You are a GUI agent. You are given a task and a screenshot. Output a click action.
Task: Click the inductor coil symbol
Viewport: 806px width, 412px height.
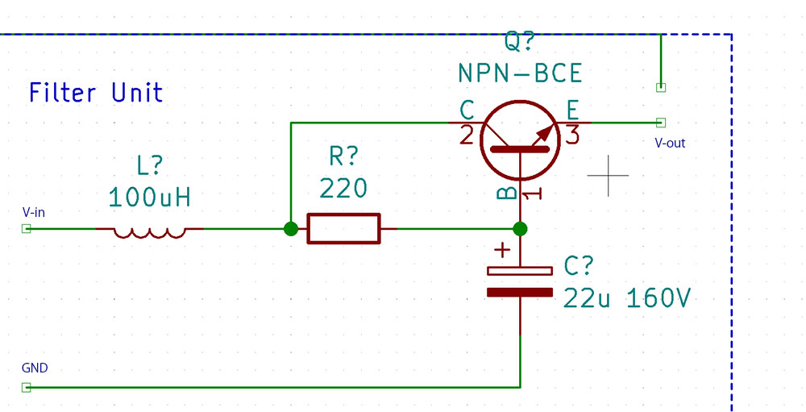pyautogui.click(x=150, y=233)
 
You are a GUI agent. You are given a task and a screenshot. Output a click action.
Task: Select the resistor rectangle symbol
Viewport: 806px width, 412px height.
pyautogui.click(x=343, y=228)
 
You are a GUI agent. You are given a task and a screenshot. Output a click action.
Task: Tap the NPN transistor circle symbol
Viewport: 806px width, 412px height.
pyautogui.click(x=520, y=140)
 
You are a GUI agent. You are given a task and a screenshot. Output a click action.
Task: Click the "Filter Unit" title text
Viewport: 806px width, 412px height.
pyautogui.click(x=96, y=93)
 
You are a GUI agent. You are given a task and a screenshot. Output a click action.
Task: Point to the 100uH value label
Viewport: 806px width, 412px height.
pyautogui.click(x=150, y=197)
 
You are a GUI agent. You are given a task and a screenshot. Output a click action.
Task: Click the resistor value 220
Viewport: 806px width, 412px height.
pyautogui.click(x=343, y=188)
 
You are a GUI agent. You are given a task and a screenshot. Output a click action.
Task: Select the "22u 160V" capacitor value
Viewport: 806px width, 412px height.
pyautogui.click(x=626, y=298)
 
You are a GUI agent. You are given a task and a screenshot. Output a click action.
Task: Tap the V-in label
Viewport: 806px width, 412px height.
pyautogui.click(x=33, y=212)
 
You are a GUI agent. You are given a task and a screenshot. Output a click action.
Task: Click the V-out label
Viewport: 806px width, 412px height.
pyautogui.click(x=670, y=143)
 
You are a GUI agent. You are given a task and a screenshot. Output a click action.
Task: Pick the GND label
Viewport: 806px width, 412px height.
pyautogui.click(x=35, y=368)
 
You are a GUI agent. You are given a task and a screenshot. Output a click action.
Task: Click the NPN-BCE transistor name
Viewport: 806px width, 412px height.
pyautogui.click(x=520, y=73)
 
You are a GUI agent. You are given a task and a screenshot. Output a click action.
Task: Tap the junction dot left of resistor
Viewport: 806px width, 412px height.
pyautogui.click(x=291, y=228)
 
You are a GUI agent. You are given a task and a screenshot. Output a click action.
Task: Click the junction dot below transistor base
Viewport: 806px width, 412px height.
pyautogui.click(x=520, y=228)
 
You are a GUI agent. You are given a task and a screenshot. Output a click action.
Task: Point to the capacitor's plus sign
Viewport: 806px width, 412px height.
pyautogui.click(x=501, y=251)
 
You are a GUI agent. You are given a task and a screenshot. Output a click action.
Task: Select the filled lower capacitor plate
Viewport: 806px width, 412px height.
pyautogui.click(x=520, y=293)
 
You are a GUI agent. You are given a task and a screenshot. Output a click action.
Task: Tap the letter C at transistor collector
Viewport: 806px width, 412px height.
pyautogui.click(x=467, y=110)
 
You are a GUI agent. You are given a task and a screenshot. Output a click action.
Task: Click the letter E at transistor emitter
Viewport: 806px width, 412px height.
pyautogui.click(x=572, y=110)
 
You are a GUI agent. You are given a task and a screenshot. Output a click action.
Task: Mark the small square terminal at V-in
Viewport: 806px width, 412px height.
pyautogui.click(x=27, y=228)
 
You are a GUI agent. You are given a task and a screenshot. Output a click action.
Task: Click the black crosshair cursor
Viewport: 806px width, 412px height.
pyautogui.click(x=608, y=176)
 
